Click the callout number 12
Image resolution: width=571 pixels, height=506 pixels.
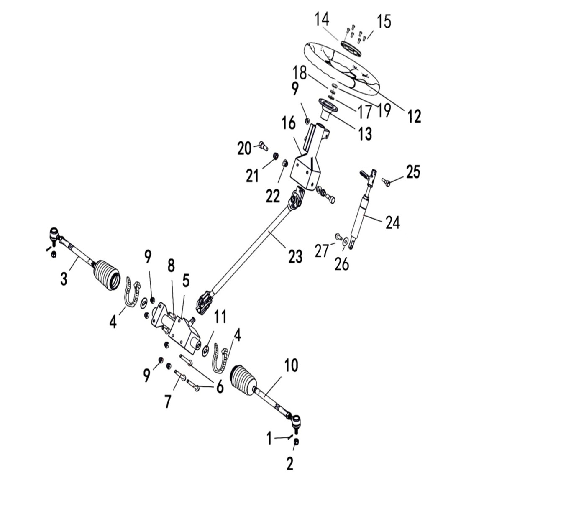tap(414, 116)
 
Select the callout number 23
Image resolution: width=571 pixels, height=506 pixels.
tap(295, 257)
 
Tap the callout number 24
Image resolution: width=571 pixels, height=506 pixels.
tap(393, 223)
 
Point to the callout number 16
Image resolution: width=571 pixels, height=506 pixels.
tap(289, 123)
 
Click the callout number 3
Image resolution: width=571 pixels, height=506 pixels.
tap(64, 279)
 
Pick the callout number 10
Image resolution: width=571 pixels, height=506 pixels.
tap(291, 365)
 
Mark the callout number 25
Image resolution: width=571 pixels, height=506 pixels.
tap(413, 171)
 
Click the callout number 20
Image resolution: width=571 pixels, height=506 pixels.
tap(244, 148)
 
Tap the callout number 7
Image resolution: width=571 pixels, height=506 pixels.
tap(168, 401)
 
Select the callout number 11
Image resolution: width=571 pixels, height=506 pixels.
tap(220, 317)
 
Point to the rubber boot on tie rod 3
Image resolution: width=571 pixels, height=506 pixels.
tap(107, 275)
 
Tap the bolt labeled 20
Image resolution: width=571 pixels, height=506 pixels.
tap(261, 147)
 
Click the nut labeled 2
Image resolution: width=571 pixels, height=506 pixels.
tap(296, 442)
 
